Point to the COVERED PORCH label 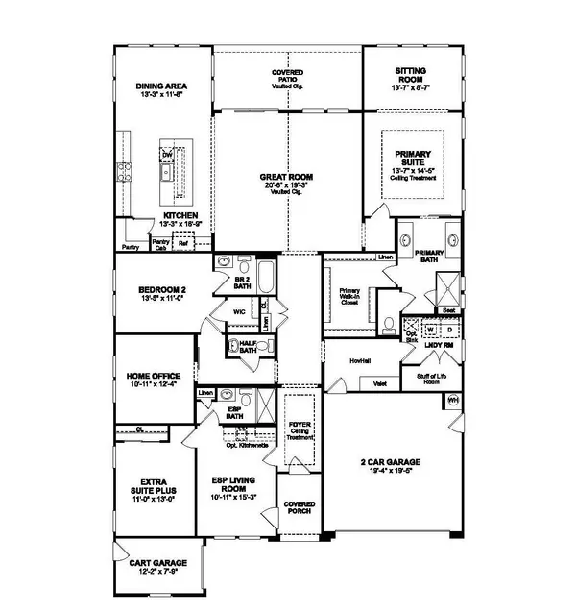[x=299, y=508]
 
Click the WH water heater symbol [x=452, y=399]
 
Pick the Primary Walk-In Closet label [x=348, y=302]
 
